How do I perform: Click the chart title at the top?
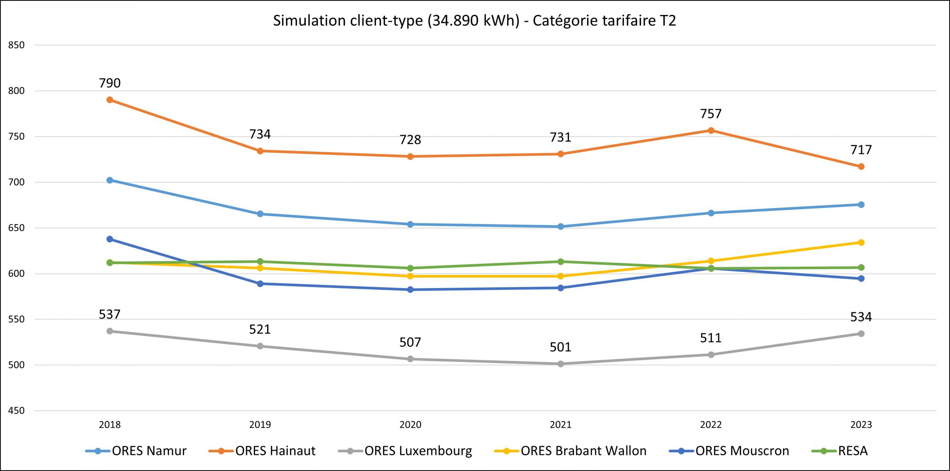tap(474, 21)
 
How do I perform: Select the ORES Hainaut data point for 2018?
tap(110, 100)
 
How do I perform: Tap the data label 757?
tap(711, 114)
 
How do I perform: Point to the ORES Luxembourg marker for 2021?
tap(560, 364)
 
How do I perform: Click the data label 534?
tap(861, 317)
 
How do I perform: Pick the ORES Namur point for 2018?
tap(110, 180)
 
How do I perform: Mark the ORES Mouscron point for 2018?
tap(110, 239)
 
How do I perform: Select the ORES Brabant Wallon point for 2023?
tap(861, 242)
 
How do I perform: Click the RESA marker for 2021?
tap(560, 262)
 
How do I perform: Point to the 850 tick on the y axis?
tap(16, 45)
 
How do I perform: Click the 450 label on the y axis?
tap(16, 411)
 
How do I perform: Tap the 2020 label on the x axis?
tap(410, 425)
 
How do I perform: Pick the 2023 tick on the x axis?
tap(861, 425)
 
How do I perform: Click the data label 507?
tap(410, 343)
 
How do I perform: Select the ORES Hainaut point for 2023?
tap(861, 166)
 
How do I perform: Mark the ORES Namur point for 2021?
tap(560, 227)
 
